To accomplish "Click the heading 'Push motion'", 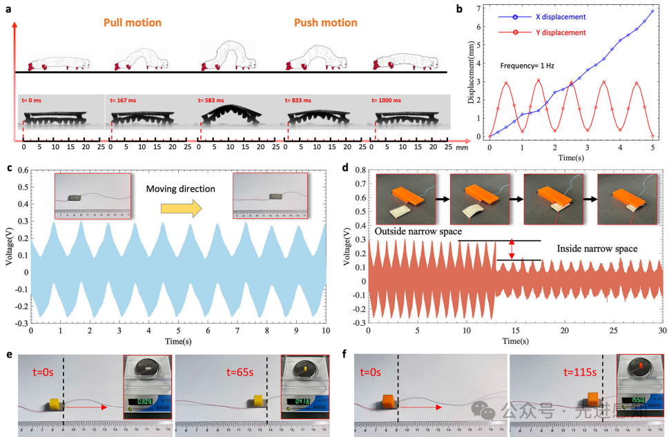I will [326, 23].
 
